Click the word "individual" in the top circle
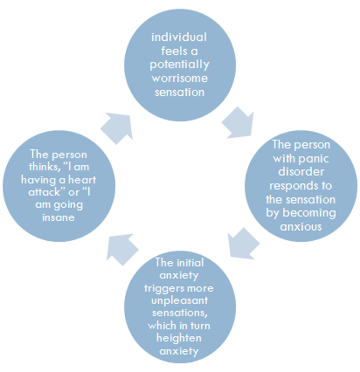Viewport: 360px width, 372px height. pyautogui.click(x=179, y=38)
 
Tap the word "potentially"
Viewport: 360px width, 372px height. pyautogui.click(x=179, y=65)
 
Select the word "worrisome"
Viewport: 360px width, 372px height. pyautogui.click(x=180, y=79)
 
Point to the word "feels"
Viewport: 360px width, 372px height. pyautogui.click(x=174, y=51)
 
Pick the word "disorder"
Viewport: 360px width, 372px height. pyautogui.click(x=301, y=171)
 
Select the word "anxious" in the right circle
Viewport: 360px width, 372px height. pyautogui.click(x=301, y=227)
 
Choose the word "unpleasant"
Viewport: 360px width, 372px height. pyautogui.click(x=179, y=300)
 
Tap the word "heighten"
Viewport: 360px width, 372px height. pyautogui.click(x=179, y=338)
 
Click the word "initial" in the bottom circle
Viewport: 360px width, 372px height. pyautogui.click(x=190, y=263)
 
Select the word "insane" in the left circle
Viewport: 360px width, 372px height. pyautogui.click(x=59, y=217)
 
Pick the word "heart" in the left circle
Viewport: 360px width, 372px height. pyautogui.click(x=82, y=180)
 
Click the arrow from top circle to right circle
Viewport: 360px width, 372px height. pyautogui.click(x=238, y=122)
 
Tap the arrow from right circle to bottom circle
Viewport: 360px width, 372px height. pyautogui.click(x=243, y=244)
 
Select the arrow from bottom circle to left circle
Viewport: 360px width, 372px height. pyautogui.click(x=122, y=250)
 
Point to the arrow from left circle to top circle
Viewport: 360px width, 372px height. pyautogui.click(x=117, y=128)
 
